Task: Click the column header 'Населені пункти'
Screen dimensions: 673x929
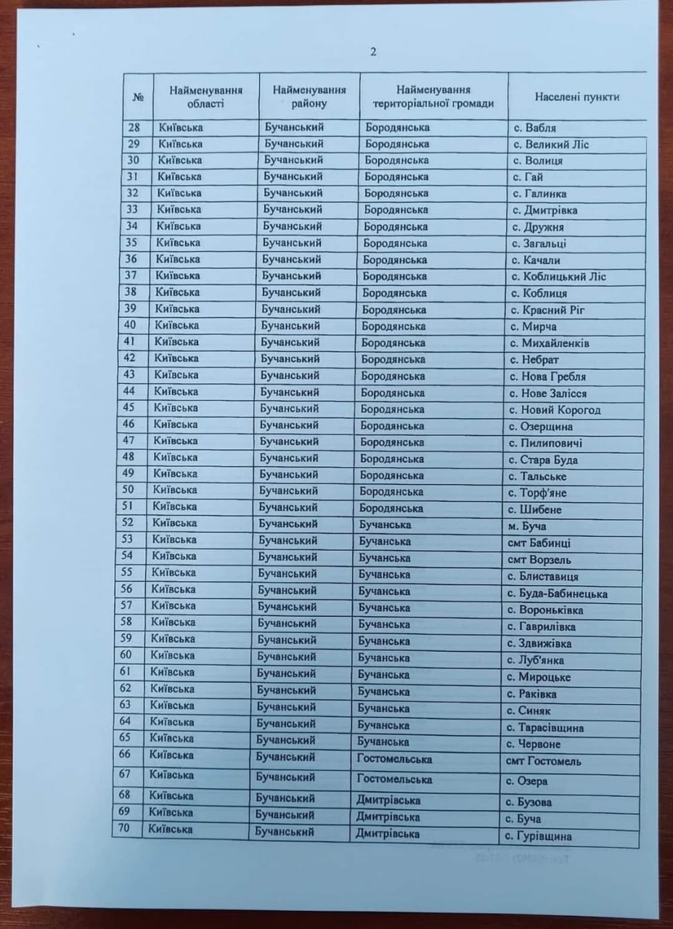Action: click(576, 97)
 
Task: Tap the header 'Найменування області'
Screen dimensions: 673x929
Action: click(205, 97)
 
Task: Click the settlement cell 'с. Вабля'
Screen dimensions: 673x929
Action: click(536, 128)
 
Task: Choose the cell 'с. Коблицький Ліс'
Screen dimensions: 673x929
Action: click(559, 277)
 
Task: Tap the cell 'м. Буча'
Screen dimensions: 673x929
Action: click(526, 526)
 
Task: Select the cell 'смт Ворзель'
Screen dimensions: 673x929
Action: click(538, 560)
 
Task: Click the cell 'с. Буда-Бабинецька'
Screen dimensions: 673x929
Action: click(558, 594)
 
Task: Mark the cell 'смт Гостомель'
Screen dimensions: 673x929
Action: click(543, 761)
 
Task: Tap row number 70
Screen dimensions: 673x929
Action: click(123, 829)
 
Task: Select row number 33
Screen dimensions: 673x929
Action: click(132, 209)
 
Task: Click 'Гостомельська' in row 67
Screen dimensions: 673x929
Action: click(393, 779)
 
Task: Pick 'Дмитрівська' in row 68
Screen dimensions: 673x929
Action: click(388, 800)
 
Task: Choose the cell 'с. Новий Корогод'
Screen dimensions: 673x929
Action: click(555, 410)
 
